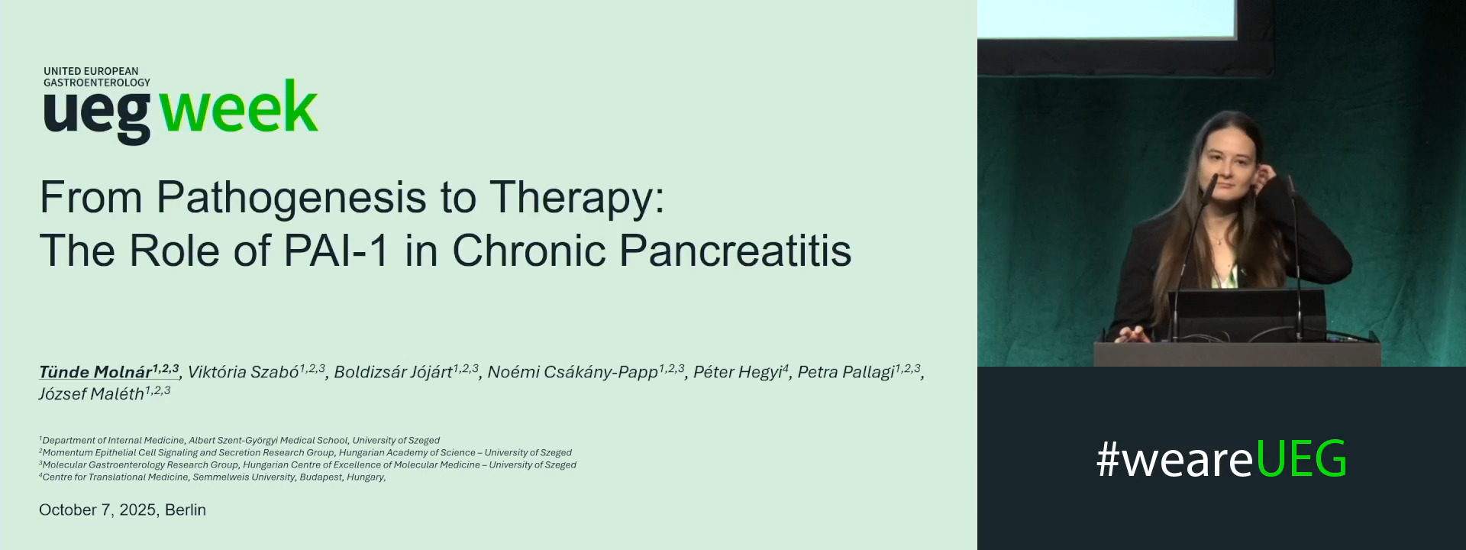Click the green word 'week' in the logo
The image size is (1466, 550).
click(x=238, y=108)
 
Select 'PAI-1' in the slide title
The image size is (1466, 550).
click(x=337, y=251)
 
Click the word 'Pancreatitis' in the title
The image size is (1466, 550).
click(x=735, y=251)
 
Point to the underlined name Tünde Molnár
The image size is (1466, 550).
click(x=95, y=372)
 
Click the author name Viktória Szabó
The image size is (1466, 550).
click(x=243, y=372)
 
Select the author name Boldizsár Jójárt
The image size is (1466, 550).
click(x=392, y=372)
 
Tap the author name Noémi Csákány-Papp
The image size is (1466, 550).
click(x=572, y=372)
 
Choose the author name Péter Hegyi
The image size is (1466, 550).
click(x=737, y=372)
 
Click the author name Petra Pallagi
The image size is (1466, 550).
click(x=845, y=372)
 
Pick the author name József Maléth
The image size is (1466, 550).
click(x=91, y=394)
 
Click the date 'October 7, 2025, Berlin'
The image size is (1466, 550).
click(x=122, y=510)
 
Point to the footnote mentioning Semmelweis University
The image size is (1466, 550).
click(x=213, y=477)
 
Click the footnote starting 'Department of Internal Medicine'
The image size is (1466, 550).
click(x=240, y=440)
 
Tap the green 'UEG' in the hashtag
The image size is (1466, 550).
click(x=1300, y=459)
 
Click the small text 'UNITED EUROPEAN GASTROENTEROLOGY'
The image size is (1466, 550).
click(x=96, y=76)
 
